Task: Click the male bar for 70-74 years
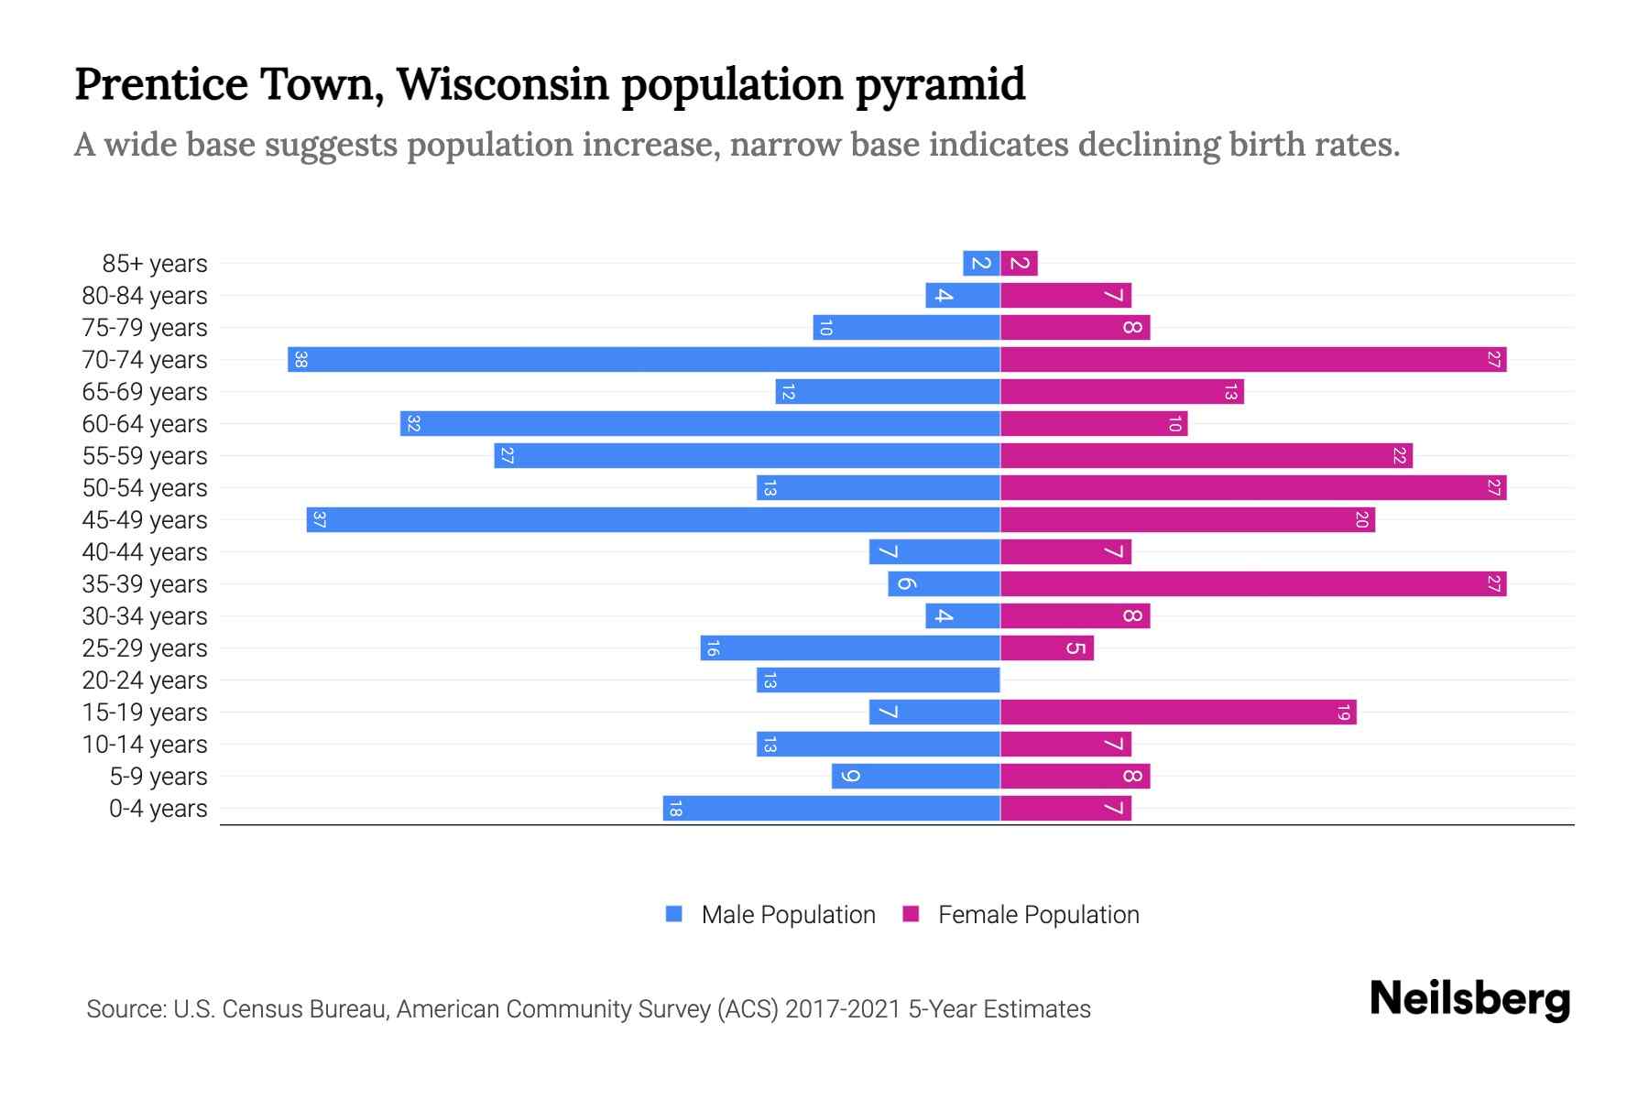pyautogui.click(x=643, y=360)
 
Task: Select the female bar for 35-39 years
pyautogui.click(x=1252, y=584)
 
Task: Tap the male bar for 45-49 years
pyautogui.click(x=652, y=520)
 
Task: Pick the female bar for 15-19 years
pyautogui.click(x=1177, y=713)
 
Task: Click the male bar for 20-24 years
pyautogui.click(x=878, y=680)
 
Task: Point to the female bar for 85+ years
pyautogui.click(x=1019, y=264)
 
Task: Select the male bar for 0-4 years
pyautogui.click(x=831, y=809)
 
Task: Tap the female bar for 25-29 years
pyautogui.click(x=1046, y=648)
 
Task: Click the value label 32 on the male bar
pyautogui.click(x=413, y=424)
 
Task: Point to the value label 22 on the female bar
pyautogui.click(x=1399, y=456)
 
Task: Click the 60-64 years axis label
pyautogui.click(x=145, y=424)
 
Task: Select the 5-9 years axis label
pyautogui.click(x=158, y=777)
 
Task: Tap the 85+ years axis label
pyautogui.click(x=154, y=264)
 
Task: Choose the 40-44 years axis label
pyautogui.click(x=145, y=552)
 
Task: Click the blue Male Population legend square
pyautogui.click(x=674, y=914)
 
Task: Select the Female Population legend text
pyautogui.click(x=1038, y=915)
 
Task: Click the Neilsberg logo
pyautogui.click(x=1469, y=999)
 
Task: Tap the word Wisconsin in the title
pyautogui.click(x=502, y=84)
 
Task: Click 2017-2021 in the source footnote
pyautogui.click(x=843, y=1009)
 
